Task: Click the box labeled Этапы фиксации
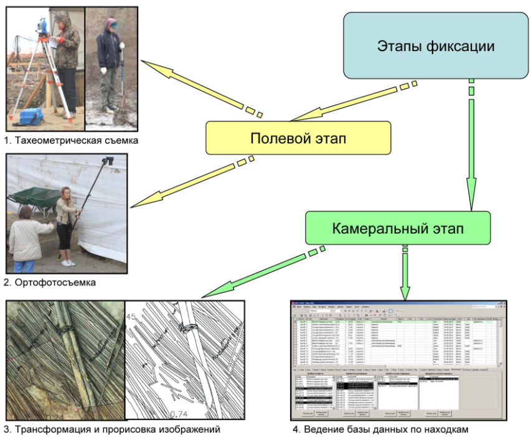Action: pyautogui.click(x=436, y=46)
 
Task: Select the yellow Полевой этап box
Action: pyautogui.click(x=298, y=138)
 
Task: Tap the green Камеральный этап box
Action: pyautogui.click(x=397, y=228)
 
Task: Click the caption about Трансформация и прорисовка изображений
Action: pyautogui.click(x=112, y=429)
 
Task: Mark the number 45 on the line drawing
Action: pyautogui.click(x=131, y=316)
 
